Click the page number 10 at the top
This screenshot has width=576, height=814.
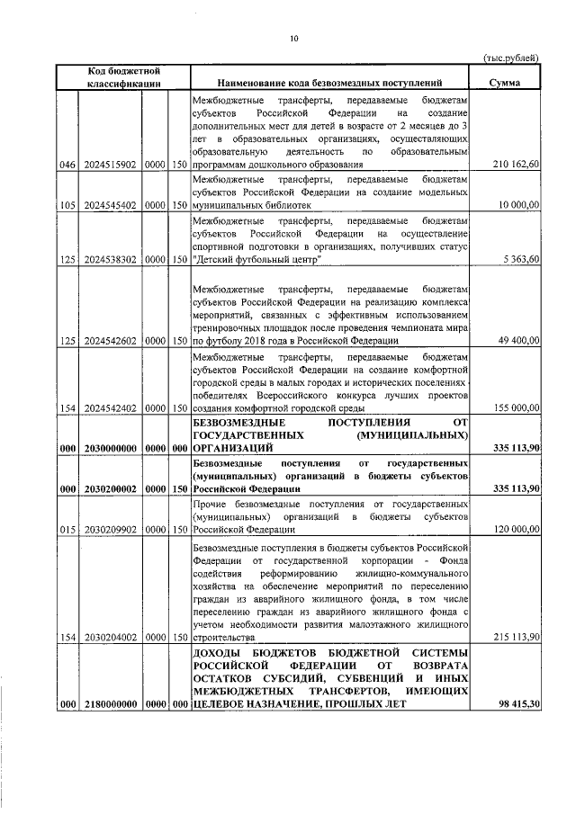293,38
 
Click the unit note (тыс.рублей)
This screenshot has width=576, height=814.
510,57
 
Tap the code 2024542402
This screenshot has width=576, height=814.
109,408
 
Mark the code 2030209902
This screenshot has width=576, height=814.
109,530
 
